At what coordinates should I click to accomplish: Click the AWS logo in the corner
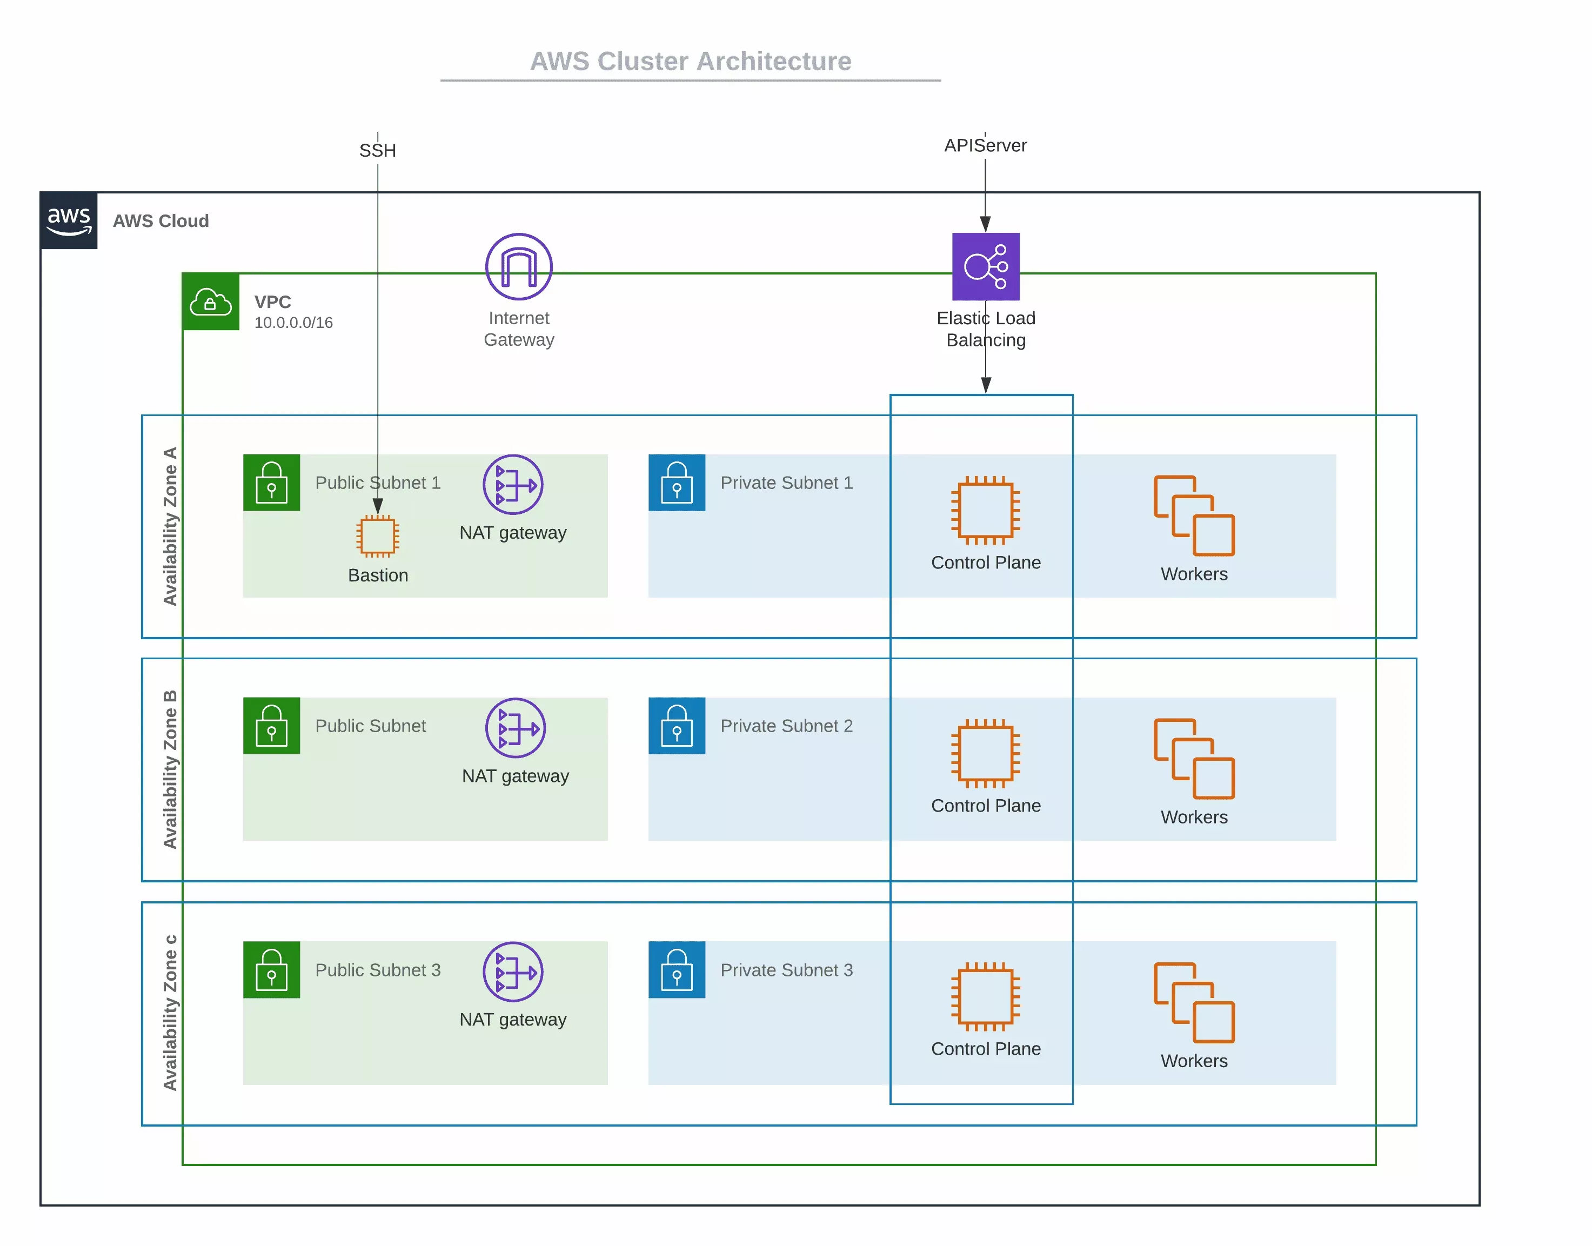pyautogui.click(x=69, y=220)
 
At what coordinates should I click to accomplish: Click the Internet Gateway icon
pyautogui.click(x=519, y=266)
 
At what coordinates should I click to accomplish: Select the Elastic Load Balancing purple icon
pyautogui.click(x=986, y=266)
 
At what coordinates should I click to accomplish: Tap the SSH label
pyautogui.click(x=377, y=150)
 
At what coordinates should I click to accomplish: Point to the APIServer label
pyautogui.click(x=985, y=145)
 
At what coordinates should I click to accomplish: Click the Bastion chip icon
pyautogui.click(x=377, y=536)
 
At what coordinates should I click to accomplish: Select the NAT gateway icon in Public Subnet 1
pyautogui.click(x=513, y=484)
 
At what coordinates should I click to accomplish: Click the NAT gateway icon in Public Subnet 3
pyautogui.click(x=513, y=972)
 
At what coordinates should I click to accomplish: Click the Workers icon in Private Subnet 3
pyautogui.click(x=1194, y=1002)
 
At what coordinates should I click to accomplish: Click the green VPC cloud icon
pyautogui.click(x=210, y=302)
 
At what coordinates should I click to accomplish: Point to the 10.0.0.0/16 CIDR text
pyautogui.click(x=293, y=323)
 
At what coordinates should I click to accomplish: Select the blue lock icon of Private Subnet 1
pyautogui.click(x=677, y=483)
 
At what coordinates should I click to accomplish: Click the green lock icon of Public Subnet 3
pyautogui.click(x=271, y=969)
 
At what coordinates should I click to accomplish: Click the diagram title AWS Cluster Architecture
pyautogui.click(x=690, y=61)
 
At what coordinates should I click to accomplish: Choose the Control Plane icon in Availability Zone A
pyautogui.click(x=986, y=511)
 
